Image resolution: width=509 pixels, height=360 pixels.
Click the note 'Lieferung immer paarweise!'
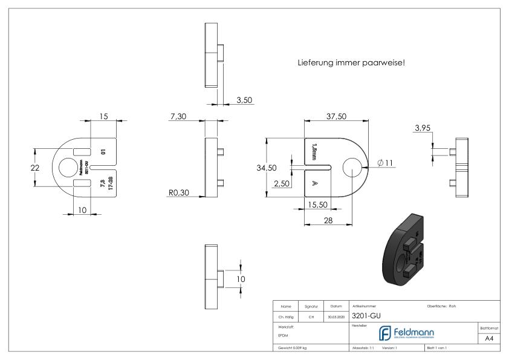351,63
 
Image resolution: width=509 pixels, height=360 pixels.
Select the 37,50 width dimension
336,116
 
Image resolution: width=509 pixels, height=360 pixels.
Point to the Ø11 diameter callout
384,163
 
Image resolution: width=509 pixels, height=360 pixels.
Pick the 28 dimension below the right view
328,221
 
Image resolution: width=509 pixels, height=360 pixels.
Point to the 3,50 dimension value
244,100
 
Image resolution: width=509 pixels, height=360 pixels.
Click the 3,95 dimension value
423,128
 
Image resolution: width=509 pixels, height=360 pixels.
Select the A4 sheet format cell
489,339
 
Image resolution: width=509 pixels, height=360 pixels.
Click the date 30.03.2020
336,316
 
